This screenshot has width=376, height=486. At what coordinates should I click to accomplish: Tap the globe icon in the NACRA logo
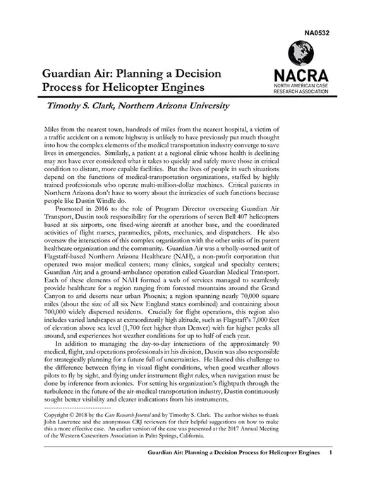coord(300,53)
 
